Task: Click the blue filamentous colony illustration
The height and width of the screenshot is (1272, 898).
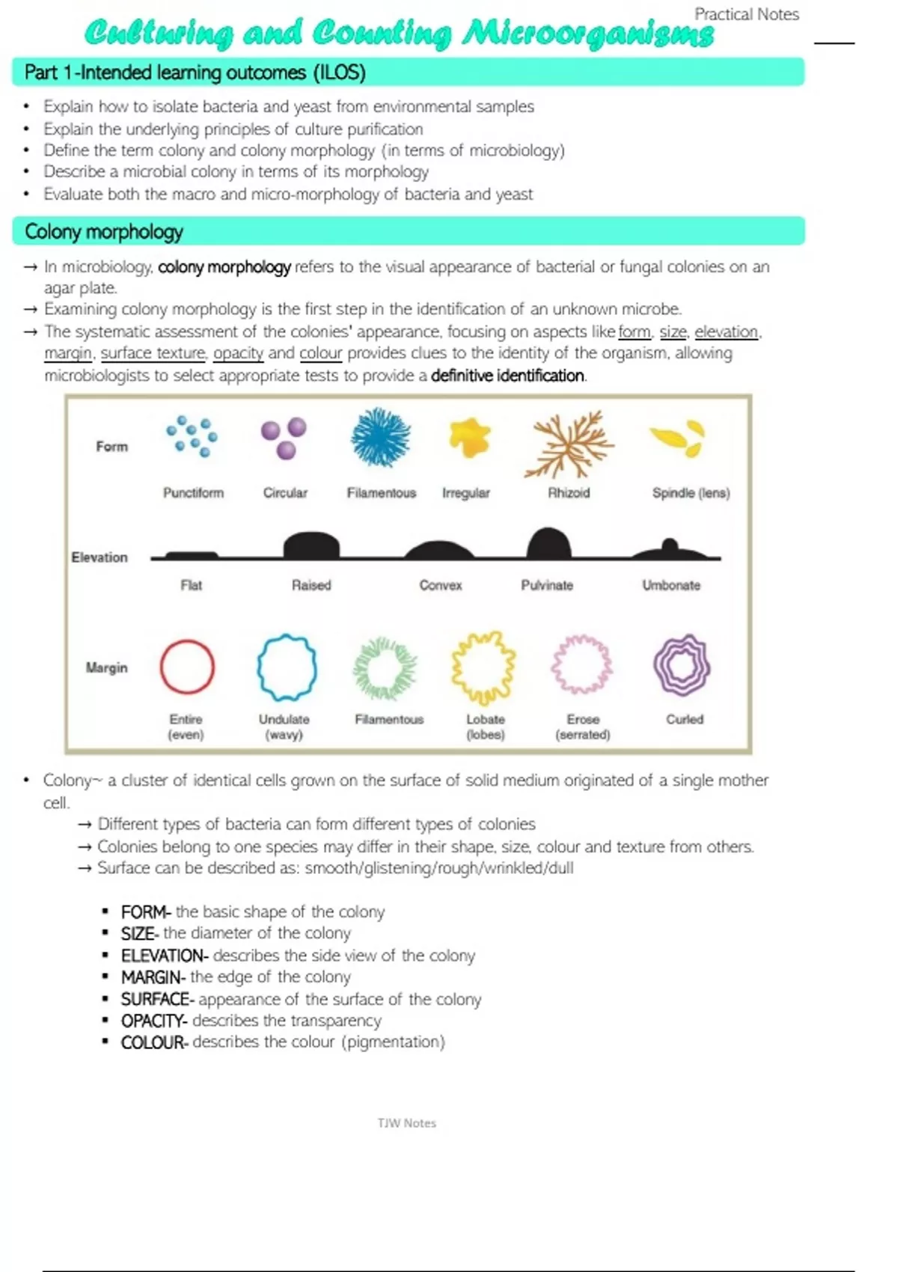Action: click(x=381, y=438)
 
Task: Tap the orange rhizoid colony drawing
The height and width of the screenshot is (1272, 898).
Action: click(x=569, y=444)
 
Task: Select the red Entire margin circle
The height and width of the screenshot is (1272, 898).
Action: click(x=187, y=667)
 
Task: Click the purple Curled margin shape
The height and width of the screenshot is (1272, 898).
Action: click(x=681, y=665)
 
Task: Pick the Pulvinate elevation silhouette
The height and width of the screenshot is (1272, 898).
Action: click(x=549, y=544)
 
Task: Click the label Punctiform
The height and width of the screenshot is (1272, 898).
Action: click(x=193, y=492)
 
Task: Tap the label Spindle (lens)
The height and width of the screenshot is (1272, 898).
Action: click(x=691, y=492)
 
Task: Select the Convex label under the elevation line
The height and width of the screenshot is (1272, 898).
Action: click(x=440, y=585)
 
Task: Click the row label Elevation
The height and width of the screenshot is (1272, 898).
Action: click(x=100, y=557)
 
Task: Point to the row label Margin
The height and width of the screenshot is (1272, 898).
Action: click(x=106, y=667)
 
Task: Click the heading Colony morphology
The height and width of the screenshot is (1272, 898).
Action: click(x=104, y=232)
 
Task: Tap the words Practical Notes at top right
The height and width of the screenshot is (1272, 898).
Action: click(x=746, y=14)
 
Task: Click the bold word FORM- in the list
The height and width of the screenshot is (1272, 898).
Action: click(x=146, y=912)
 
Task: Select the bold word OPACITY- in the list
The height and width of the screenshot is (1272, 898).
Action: click(x=153, y=1021)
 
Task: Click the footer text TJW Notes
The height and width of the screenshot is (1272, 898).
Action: click(x=406, y=1123)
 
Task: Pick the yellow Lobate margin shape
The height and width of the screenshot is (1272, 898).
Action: click(x=483, y=667)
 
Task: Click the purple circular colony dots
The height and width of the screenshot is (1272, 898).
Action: click(x=284, y=438)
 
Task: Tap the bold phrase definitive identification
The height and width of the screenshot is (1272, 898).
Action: click(x=507, y=376)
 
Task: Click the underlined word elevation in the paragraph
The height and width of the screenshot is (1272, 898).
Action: click(x=726, y=331)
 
